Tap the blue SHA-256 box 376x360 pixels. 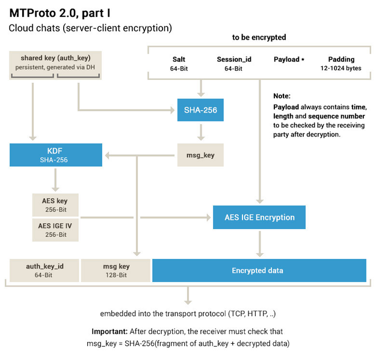point(200,110)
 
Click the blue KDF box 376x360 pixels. point(56,155)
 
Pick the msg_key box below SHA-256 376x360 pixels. point(200,155)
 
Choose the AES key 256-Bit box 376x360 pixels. point(56,204)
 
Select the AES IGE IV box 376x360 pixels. point(56,230)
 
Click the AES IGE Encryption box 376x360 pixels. point(259,217)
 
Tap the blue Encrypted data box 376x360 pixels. point(259,270)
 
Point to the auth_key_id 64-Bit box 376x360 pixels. point(44,270)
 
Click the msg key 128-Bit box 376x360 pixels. point(116,270)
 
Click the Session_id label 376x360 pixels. point(233,59)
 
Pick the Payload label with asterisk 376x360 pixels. point(289,59)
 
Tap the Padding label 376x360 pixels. point(341,59)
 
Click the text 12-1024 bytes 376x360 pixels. point(341,69)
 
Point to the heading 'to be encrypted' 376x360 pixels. point(259,37)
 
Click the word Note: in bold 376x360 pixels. point(282,96)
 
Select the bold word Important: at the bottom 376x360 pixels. point(111,332)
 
